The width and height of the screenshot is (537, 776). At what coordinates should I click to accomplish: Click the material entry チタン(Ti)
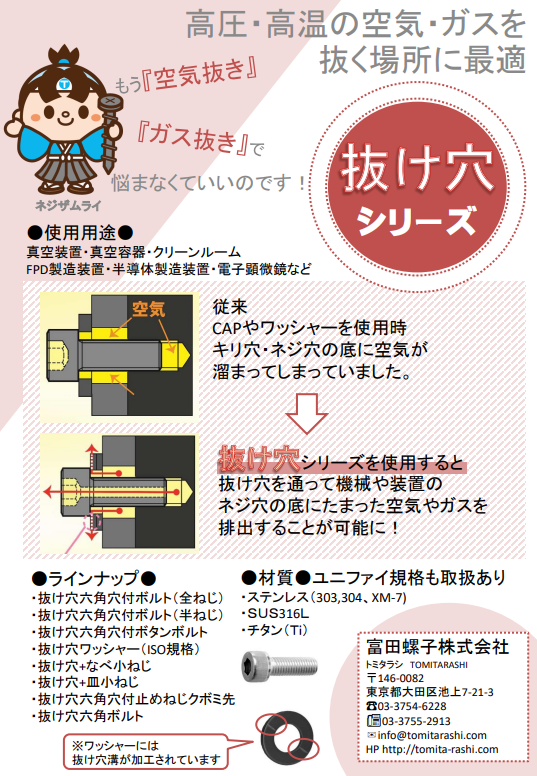pos(277,631)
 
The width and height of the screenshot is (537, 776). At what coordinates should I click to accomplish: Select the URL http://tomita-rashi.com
pos(432,750)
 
